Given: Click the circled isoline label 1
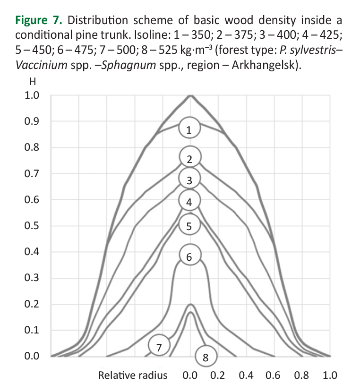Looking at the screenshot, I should [x=189, y=129].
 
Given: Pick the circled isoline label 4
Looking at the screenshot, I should [x=189, y=202].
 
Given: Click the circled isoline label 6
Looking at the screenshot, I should [x=189, y=257].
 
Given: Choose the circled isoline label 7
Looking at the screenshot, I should [x=159, y=347].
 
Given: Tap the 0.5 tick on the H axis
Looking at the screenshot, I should [x=32, y=226].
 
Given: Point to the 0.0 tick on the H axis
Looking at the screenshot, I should [x=32, y=356].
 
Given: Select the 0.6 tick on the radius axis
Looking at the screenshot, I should [x=273, y=375].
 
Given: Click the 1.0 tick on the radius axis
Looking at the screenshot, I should [x=329, y=375].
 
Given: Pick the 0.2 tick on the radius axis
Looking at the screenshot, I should [x=217, y=375].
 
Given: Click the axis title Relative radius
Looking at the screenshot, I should [x=133, y=375].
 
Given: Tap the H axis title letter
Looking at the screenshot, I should [x=33, y=81].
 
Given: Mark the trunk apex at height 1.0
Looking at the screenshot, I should [x=190, y=96].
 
